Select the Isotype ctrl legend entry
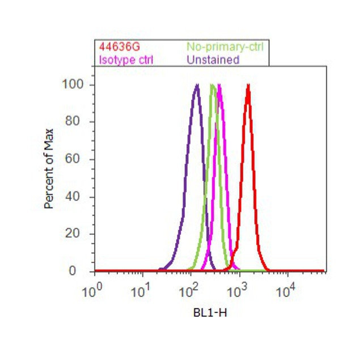126,59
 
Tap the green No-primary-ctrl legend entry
225,46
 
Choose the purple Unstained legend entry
213,59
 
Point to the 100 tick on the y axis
72,84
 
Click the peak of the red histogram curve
248,86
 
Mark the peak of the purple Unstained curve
197,86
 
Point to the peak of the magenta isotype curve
219,86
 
